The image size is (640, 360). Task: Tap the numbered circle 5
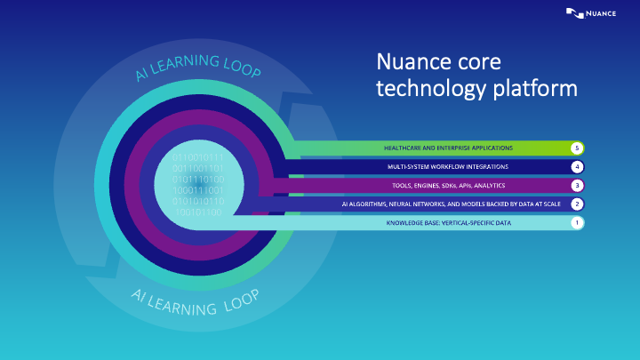point(577,147)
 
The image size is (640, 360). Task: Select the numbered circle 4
point(577,166)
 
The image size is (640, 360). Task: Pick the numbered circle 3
point(577,185)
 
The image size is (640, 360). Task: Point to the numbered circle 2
point(577,204)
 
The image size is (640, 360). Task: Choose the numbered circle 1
point(577,222)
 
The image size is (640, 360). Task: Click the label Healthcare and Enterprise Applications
point(448,147)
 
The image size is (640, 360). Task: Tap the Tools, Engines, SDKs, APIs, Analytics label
point(448,185)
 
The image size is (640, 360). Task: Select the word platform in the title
point(537,89)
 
